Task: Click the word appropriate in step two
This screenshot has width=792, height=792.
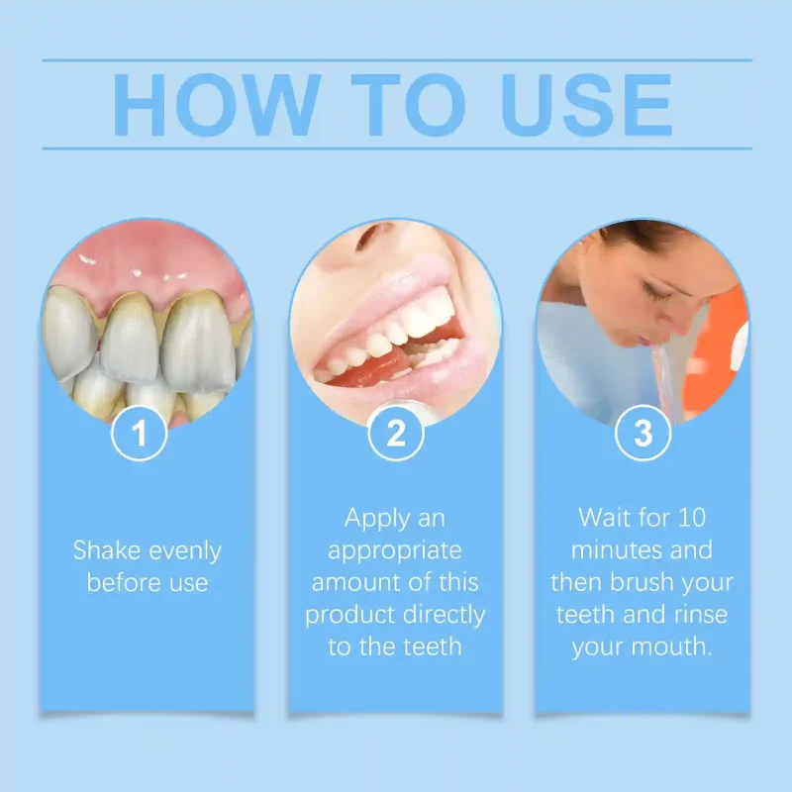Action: click(395, 550)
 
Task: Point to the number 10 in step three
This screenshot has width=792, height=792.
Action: click(689, 518)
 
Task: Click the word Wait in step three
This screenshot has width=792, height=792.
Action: click(603, 518)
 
